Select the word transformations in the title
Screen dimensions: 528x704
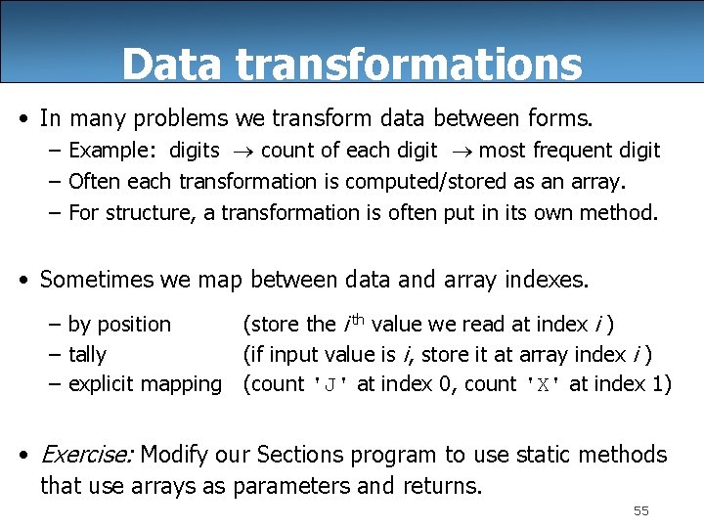click(x=409, y=65)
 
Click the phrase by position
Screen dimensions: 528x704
click(x=119, y=324)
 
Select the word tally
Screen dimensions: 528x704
click(x=88, y=354)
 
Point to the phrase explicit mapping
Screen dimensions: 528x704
click(x=146, y=384)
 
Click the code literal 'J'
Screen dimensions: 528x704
click(x=330, y=385)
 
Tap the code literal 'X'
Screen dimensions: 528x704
click(x=541, y=385)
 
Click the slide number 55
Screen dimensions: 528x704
click(x=641, y=511)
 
